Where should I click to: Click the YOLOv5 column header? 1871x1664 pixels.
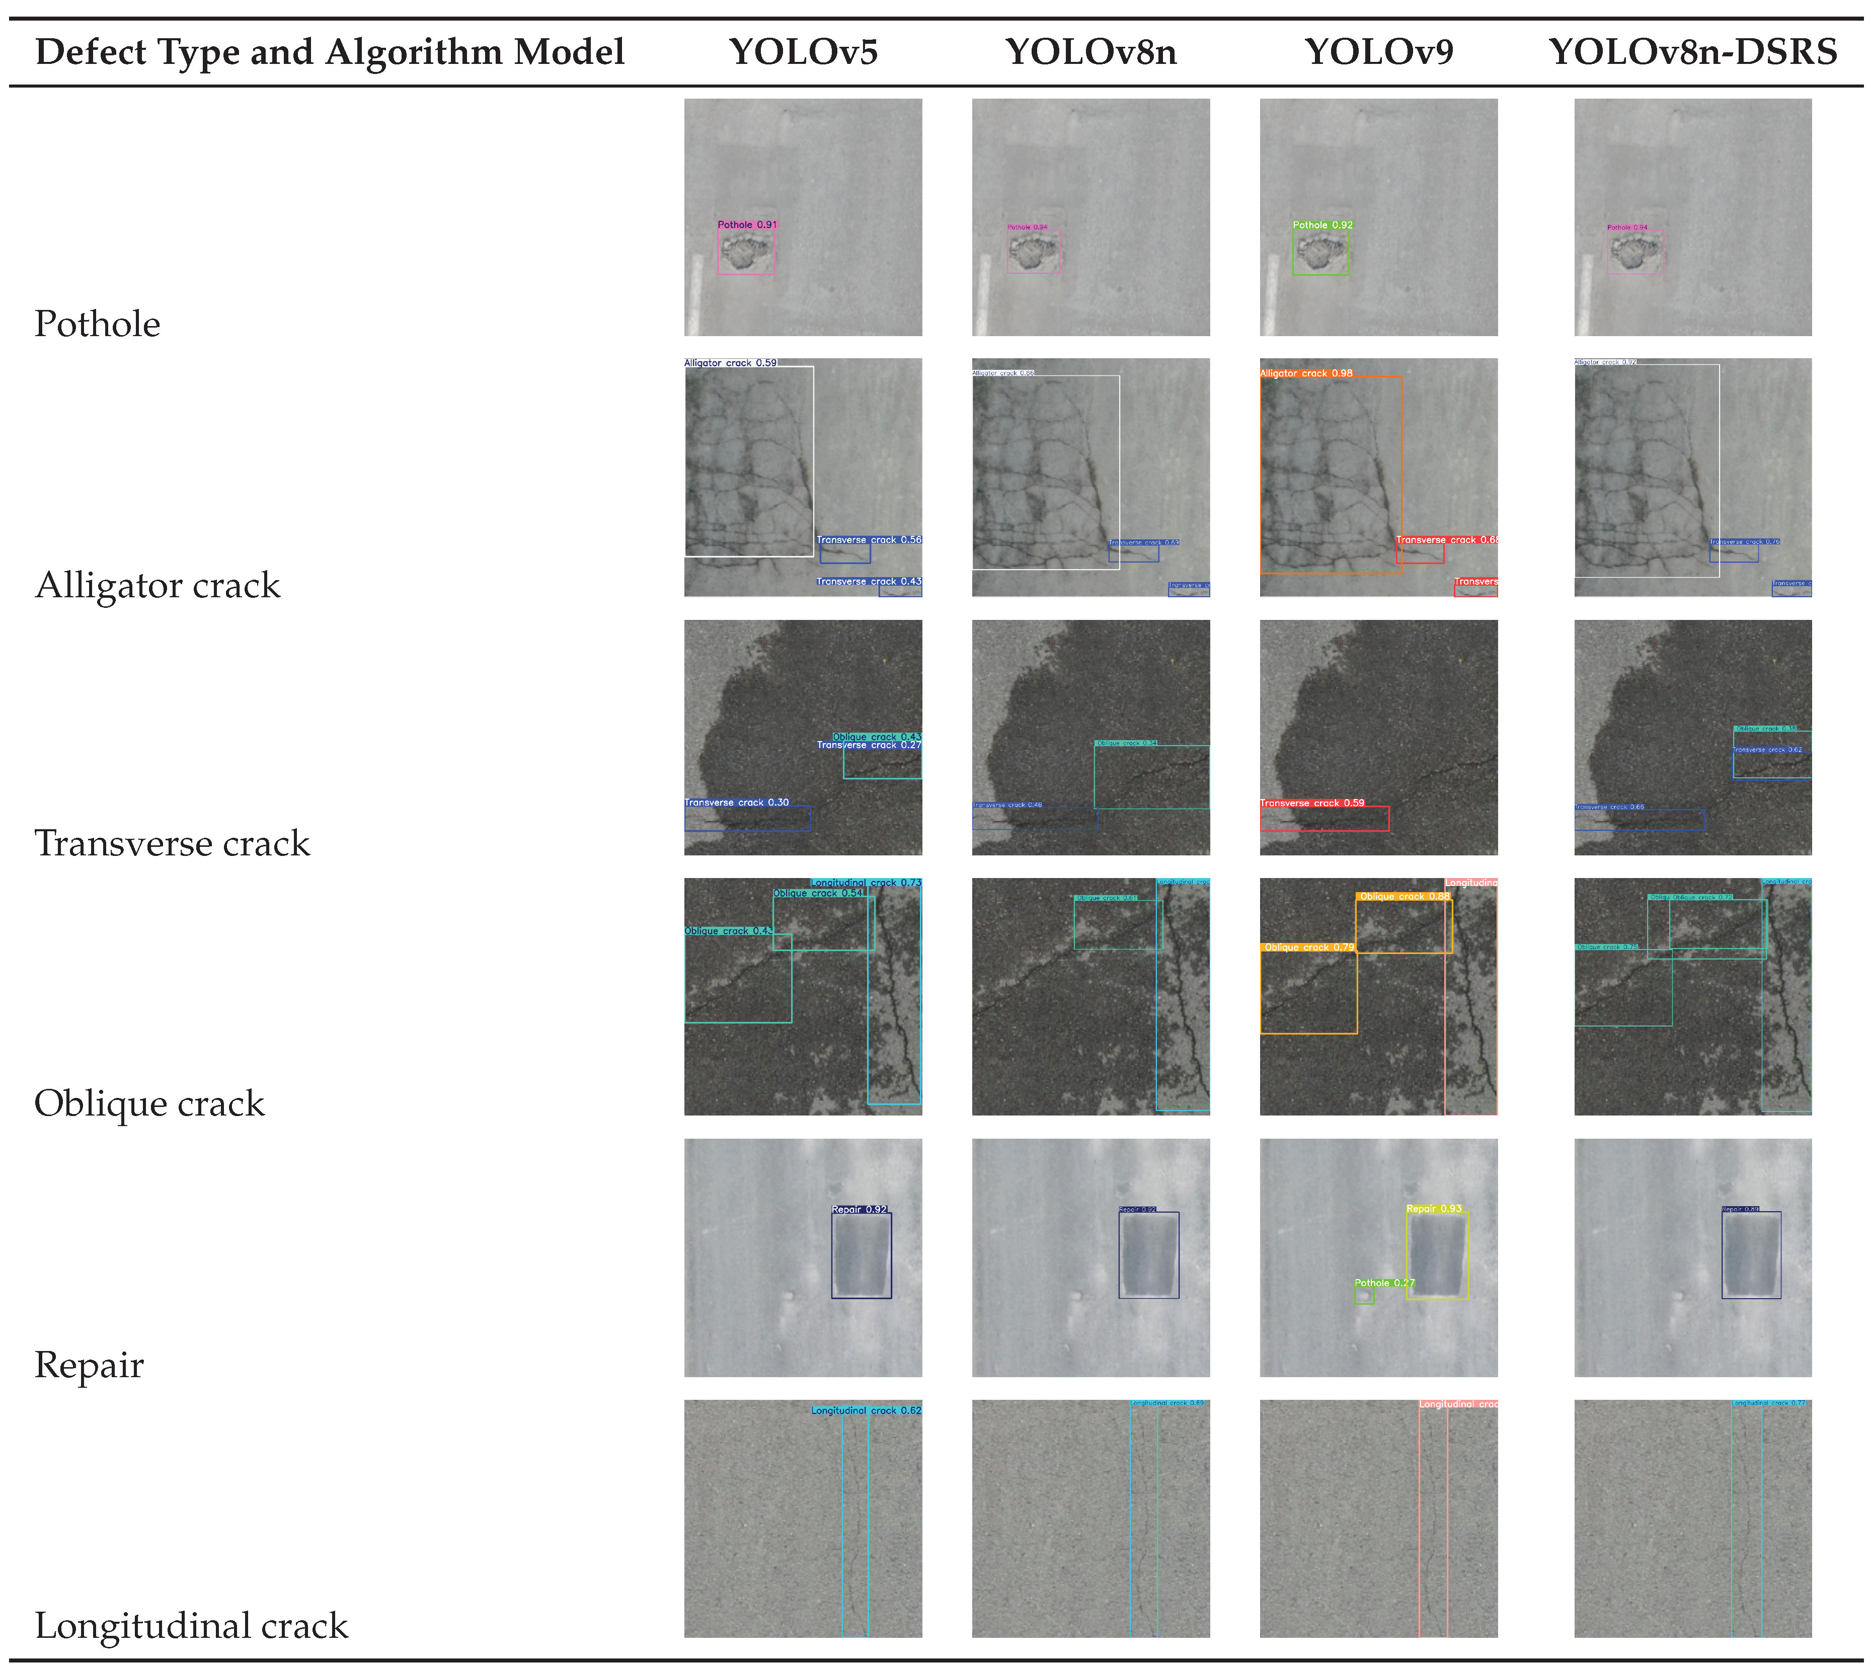(x=803, y=52)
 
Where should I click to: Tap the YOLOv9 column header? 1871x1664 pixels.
(x=1378, y=52)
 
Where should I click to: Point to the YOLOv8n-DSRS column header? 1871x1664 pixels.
(x=1692, y=52)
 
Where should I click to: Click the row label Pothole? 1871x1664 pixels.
(x=97, y=324)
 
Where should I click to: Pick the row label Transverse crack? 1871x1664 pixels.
(x=172, y=843)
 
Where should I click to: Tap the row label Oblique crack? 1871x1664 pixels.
(x=149, y=1103)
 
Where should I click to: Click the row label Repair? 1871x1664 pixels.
(x=89, y=1365)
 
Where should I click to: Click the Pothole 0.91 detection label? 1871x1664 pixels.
(x=747, y=224)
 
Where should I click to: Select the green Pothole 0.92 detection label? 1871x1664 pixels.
(x=1322, y=224)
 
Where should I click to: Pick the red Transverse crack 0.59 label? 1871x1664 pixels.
(x=1312, y=803)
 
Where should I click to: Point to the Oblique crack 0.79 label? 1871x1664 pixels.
(x=1308, y=947)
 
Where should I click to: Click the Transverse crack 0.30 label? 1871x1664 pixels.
(x=737, y=803)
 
